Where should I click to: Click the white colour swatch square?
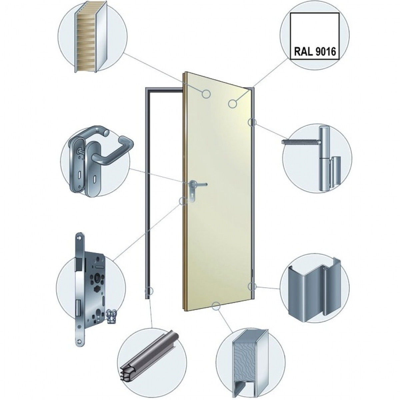(315, 36)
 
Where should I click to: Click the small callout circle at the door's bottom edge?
(216, 306)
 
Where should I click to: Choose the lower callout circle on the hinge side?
(252, 286)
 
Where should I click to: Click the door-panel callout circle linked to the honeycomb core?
(206, 94)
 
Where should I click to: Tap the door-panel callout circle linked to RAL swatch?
(233, 103)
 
